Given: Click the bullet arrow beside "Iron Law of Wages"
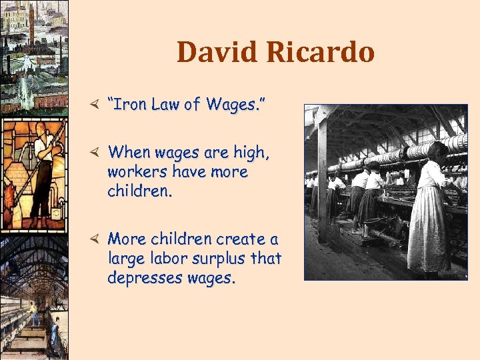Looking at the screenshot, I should [x=95, y=104].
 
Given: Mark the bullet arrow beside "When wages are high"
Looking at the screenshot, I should [x=95, y=152].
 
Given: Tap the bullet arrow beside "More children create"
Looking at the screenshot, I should [x=95, y=238].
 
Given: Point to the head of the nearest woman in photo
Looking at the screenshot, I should [x=437, y=151].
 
